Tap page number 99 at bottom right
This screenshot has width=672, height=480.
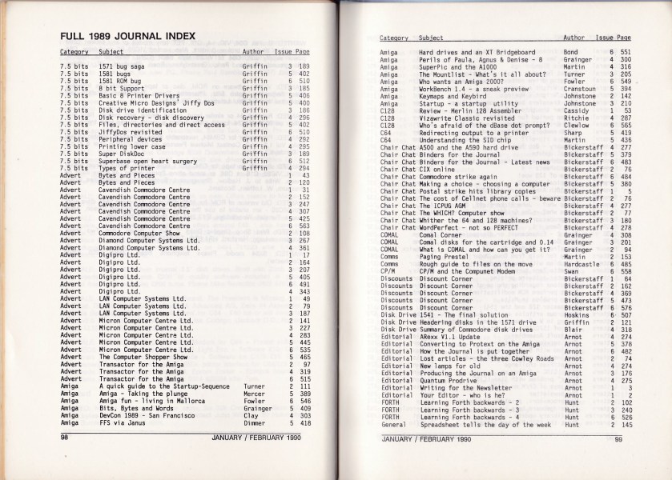tap(618, 438)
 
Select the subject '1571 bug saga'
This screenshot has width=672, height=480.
tap(119, 66)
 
